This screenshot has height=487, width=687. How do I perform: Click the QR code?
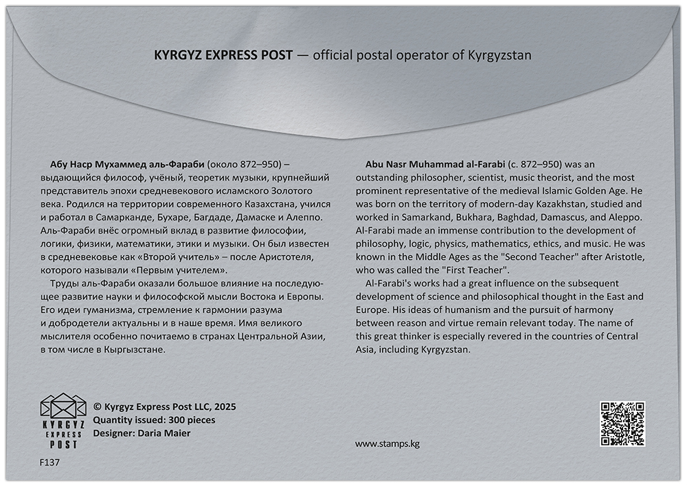[623, 423]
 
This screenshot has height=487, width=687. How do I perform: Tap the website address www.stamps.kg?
[387, 444]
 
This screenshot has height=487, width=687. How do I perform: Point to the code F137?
[50, 462]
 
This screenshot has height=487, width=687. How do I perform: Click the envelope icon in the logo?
[62, 408]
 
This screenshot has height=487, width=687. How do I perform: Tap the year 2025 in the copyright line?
[224, 407]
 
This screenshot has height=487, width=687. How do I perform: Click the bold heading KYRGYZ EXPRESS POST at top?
[223, 54]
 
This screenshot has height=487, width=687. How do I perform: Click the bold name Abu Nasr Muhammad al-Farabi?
[436, 164]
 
